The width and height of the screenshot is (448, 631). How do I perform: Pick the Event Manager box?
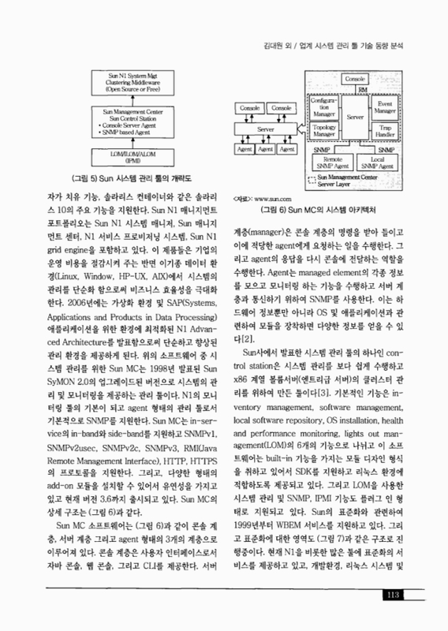tap(389, 109)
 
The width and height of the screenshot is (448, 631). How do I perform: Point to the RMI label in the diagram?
tap(364, 91)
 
